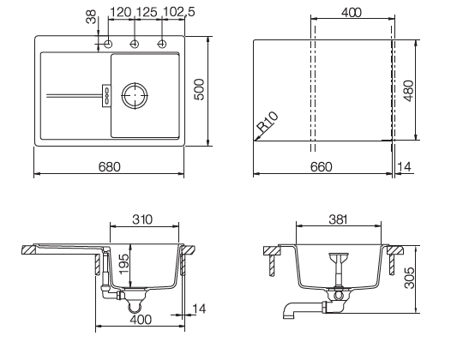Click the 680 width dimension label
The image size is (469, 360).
[x=109, y=167]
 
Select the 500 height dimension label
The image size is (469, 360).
[x=199, y=89]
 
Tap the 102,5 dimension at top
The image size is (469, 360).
[x=178, y=12]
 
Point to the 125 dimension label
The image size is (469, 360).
[x=147, y=12]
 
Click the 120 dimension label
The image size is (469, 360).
[x=121, y=12]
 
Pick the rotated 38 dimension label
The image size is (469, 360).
[x=91, y=17]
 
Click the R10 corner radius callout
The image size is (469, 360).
[x=268, y=122]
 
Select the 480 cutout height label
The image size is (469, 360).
[x=409, y=91]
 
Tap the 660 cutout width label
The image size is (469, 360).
[x=321, y=167]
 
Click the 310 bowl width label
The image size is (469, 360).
[x=142, y=219]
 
